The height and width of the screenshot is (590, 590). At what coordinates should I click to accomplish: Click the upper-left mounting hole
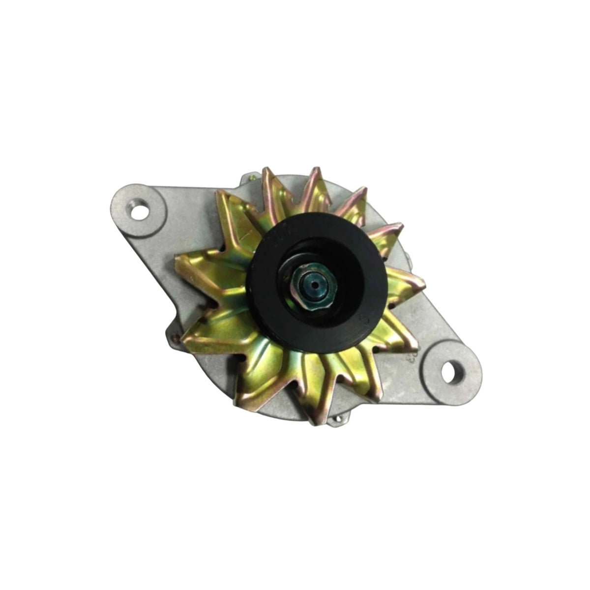tap(141, 213)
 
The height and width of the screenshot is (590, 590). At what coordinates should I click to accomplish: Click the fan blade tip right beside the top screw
tap(265, 170)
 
